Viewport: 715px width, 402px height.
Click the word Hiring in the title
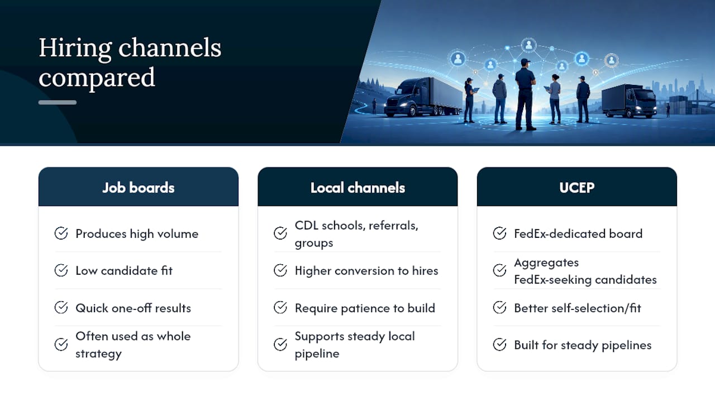pos(75,49)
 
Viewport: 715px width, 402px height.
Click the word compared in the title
pos(97,78)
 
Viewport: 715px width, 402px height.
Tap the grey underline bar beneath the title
pos(58,102)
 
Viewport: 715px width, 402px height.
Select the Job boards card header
pos(138,186)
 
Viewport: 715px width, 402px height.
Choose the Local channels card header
pos(357,186)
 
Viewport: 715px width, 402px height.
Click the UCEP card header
pos(577,186)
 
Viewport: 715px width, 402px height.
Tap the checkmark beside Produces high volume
pos(61,233)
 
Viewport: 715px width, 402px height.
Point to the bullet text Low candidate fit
pos(124,271)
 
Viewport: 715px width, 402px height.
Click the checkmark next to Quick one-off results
pos(61,308)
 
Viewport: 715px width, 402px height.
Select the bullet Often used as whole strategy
pos(133,344)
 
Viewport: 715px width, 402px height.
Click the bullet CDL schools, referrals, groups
pos(356,234)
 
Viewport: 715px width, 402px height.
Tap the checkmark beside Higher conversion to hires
pos(280,271)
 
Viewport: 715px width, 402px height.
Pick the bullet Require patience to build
pos(365,308)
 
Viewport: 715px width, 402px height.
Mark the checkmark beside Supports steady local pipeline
pos(280,344)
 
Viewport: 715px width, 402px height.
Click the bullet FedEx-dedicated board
pos(578,233)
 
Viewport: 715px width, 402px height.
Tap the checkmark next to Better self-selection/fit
pos(499,308)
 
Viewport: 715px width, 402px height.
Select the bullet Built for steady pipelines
pos(583,345)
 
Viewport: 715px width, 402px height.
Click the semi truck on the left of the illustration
pos(423,97)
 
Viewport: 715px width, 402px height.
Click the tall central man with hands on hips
pos(525,94)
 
